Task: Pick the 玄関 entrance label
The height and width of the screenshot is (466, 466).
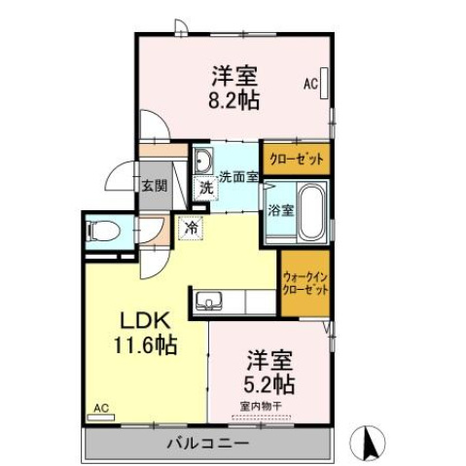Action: coord(153,185)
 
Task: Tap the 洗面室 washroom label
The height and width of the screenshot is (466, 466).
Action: coord(237,177)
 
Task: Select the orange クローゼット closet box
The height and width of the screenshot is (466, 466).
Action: coord(296,158)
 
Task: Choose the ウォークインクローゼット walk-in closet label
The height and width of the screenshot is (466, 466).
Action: coord(305,283)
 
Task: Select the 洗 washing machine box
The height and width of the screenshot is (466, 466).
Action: coord(206,188)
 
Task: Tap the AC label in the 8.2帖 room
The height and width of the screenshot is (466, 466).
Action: coord(310,85)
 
